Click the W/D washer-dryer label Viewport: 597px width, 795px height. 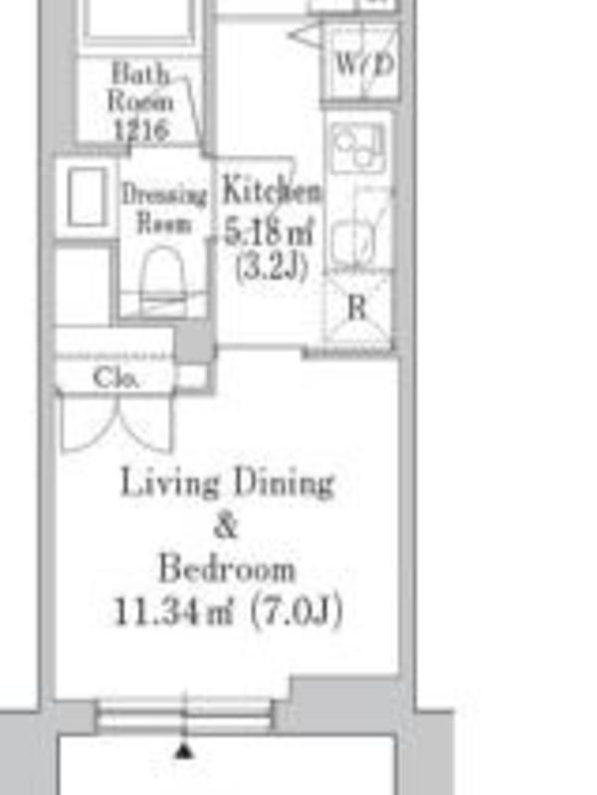click(365, 65)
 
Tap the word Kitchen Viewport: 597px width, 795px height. click(272, 191)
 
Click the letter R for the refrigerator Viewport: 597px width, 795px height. click(357, 307)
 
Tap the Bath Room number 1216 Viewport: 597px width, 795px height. click(141, 129)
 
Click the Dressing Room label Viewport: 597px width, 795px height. click(164, 209)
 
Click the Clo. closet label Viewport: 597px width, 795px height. click(115, 378)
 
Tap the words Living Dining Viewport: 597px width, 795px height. click(228, 482)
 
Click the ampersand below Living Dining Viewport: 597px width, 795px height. click(227, 525)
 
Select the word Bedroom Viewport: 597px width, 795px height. click(227, 567)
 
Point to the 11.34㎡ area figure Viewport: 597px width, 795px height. click(173, 611)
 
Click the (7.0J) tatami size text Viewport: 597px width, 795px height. click(297, 611)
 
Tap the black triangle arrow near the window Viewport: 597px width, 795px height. click(184, 750)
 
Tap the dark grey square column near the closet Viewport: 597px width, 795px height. click(194, 342)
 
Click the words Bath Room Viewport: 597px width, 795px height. click(140, 87)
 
